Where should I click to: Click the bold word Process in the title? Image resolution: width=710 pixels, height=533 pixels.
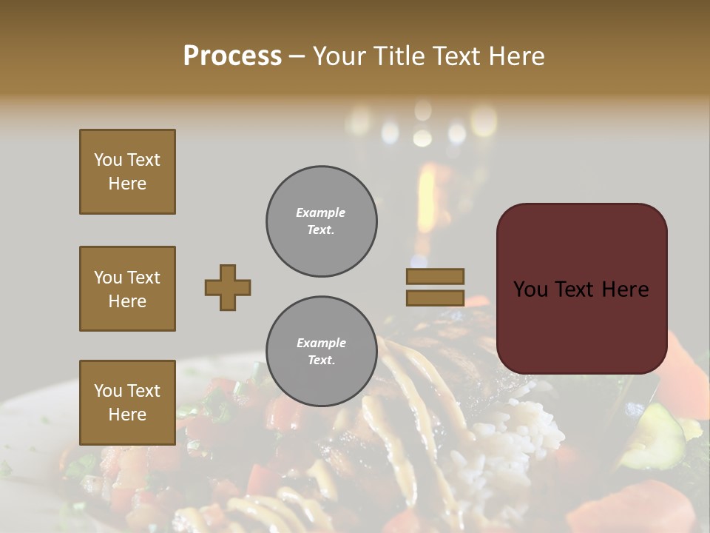click(x=232, y=56)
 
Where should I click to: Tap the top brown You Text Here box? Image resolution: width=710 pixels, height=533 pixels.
click(x=127, y=172)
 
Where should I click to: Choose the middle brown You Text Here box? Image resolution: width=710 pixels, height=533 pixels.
click(x=127, y=289)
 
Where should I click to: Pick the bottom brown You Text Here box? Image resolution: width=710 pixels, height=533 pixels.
click(x=127, y=403)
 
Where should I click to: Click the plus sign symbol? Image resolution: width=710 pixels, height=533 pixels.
click(x=228, y=287)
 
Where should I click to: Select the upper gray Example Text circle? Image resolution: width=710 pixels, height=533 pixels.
click(x=321, y=221)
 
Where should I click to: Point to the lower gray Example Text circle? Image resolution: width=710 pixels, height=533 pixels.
click(x=321, y=352)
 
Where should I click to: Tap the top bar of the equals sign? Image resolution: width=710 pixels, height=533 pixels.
click(x=435, y=276)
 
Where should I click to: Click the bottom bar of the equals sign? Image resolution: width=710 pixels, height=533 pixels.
click(x=435, y=298)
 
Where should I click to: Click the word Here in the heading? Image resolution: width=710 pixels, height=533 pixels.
click(x=515, y=56)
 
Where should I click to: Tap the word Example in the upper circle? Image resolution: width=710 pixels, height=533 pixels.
click(x=321, y=213)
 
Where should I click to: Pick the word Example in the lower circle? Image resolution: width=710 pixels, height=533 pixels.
click(x=321, y=343)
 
